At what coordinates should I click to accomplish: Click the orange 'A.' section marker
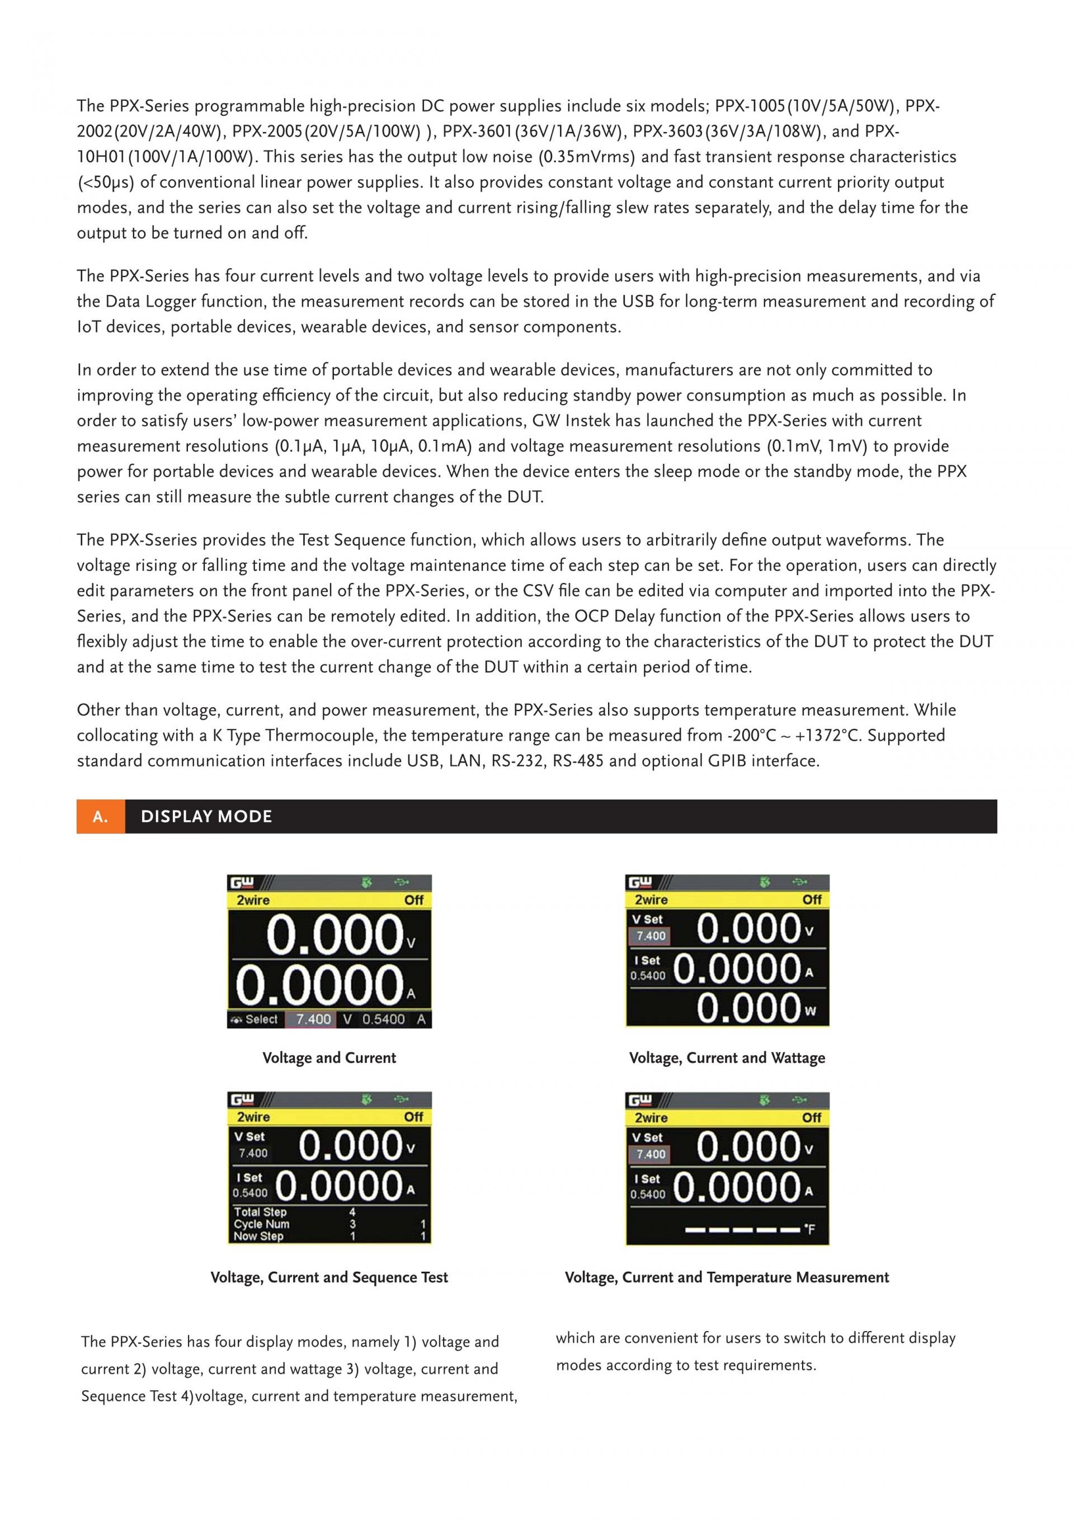(101, 816)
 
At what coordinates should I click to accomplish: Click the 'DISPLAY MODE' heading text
(206, 816)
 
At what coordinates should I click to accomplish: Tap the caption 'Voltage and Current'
(329, 1057)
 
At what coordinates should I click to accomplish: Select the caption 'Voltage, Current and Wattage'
(727, 1057)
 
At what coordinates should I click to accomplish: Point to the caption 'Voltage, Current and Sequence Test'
(329, 1277)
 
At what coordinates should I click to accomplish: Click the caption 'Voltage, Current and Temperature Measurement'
(726, 1277)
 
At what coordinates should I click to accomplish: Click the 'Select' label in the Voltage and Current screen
(261, 1019)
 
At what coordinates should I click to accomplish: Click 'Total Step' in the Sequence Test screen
(260, 1212)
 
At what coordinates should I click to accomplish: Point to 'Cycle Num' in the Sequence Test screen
(261, 1224)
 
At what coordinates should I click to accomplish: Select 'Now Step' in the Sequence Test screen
(258, 1236)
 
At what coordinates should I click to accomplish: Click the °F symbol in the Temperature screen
(809, 1229)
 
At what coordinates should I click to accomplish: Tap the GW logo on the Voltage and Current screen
(242, 882)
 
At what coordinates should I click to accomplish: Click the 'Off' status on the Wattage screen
(812, 900)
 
